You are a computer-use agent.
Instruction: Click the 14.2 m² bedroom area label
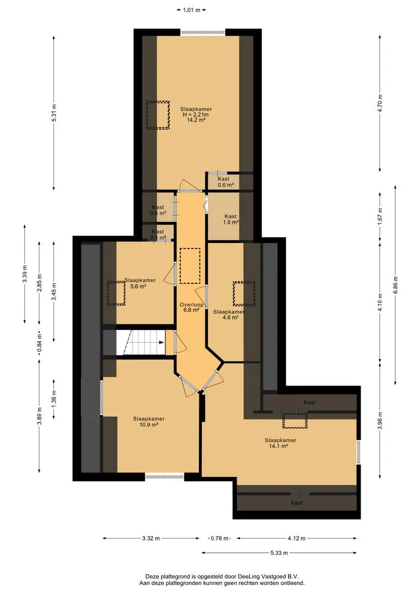pos(196,114)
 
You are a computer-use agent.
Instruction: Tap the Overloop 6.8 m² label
pos(192,307)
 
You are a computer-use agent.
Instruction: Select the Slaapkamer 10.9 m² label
pos(149,422)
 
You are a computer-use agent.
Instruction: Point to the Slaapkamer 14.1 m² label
pos(280,443)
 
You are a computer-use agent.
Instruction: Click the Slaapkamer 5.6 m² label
pos(140,283)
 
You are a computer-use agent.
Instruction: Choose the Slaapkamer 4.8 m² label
pos(229,315)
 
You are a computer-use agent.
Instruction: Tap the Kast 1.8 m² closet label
pos(231,219)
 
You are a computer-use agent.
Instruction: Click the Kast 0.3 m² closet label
pos(158,234)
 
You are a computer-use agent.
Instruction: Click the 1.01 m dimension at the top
pos(191,10)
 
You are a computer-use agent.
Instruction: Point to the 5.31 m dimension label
pos(54,113)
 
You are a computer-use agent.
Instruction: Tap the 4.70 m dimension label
pos(380,103)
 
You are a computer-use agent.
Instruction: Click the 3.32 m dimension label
pos(151,538)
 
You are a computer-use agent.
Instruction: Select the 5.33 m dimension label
pos(279,553)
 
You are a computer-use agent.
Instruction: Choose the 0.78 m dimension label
pos(220,538)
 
